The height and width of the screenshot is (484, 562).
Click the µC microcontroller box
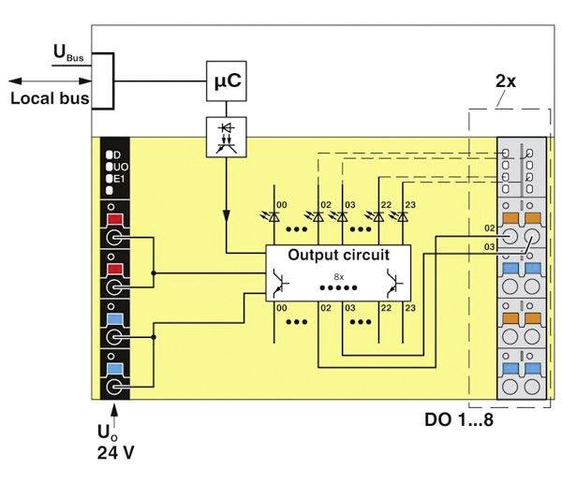[x=226, y=81]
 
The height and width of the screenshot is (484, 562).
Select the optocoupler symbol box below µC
[x=226, y=137]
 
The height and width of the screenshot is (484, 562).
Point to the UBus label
[x=67, y=58]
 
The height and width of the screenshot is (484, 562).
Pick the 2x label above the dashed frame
[x=505, y=81]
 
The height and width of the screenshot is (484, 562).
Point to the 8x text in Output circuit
[x=339, y=276]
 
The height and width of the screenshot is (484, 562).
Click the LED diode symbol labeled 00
[x=275, y=216]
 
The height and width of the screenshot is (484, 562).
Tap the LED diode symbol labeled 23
[x=403, y=216]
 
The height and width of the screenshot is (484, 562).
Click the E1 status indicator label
[x=120, y=177]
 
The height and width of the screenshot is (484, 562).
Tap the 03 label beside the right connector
[x=489, y=245]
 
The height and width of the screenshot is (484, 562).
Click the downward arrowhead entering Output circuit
[x=226, y=247]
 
